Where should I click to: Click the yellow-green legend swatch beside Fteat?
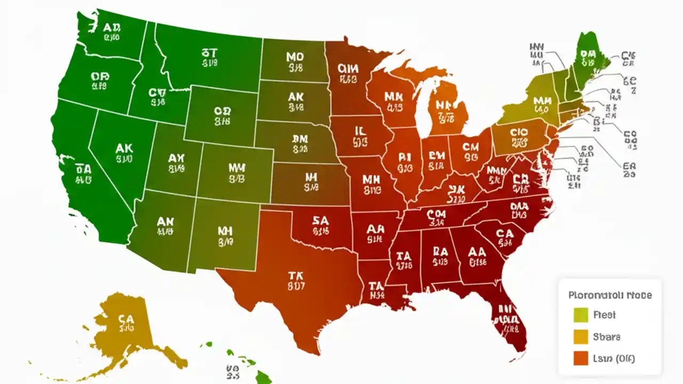click(580, 315)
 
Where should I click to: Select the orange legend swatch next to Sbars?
click(580, 337)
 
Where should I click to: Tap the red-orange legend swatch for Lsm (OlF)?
click(580, 359)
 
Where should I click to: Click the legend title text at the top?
click(610, 295)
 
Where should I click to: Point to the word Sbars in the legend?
click(606, 337)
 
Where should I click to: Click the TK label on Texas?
click(296, 276)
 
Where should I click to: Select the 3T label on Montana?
click(209, 53)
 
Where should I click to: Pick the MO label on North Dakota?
click(295, 57)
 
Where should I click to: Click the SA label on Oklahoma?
click(320, 220)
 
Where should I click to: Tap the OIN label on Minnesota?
click(347, 68)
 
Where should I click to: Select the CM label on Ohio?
click(471, 146)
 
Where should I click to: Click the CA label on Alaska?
click(126, 318)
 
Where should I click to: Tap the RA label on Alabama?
click(440, 251)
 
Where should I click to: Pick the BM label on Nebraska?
click(300, 139)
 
